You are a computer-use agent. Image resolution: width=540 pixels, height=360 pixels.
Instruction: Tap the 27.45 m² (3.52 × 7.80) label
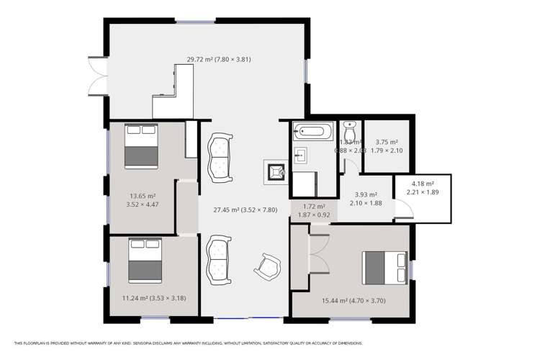pos(245,210)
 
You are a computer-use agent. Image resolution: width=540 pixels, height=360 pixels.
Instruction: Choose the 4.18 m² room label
pos(423,188)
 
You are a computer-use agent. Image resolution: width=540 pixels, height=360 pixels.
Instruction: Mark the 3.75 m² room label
pos(387,146)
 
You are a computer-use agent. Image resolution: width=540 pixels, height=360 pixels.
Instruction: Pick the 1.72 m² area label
pos(313,210)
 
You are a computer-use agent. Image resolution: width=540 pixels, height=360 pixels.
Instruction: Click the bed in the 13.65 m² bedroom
pos(141,146)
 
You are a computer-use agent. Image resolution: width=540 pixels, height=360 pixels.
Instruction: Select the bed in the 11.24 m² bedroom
pos(145,260)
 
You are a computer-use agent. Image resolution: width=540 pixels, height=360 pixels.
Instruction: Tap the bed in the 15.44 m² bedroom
pos(384,268)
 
